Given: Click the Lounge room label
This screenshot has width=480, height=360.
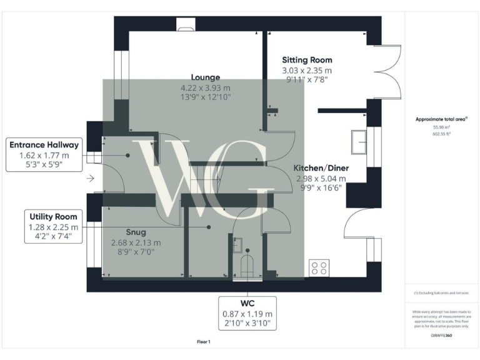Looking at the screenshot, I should pos(205,77).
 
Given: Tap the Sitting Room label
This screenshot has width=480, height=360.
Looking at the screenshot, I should pos(307,60).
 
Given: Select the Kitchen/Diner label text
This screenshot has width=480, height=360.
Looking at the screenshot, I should pos(321,168).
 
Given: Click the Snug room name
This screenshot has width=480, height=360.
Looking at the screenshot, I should pos(136,232).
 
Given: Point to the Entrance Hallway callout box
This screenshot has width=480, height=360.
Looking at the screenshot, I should pos(44,155).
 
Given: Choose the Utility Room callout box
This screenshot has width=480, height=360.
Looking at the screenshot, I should pos(53,227).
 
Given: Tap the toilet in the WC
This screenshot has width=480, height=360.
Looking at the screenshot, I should pos(247,265).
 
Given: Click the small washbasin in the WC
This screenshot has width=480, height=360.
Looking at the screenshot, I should pos(237,244).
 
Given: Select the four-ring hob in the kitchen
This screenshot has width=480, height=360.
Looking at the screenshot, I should pos(318,269).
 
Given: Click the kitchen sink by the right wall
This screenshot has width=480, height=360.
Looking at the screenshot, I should pos(359,142).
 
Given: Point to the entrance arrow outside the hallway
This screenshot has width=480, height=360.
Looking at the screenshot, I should pos(91,179).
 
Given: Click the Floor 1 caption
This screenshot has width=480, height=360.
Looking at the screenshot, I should pos(203,342).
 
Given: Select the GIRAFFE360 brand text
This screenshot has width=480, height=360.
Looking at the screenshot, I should pos(441,336).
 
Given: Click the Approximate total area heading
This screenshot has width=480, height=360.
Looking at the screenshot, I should pos(441,119).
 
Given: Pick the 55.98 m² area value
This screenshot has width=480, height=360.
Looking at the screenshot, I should pos(441,126).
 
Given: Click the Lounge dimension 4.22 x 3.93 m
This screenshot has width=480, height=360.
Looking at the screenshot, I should pos(205,87).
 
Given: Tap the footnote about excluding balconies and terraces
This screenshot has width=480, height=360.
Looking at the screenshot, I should pos(441,292).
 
